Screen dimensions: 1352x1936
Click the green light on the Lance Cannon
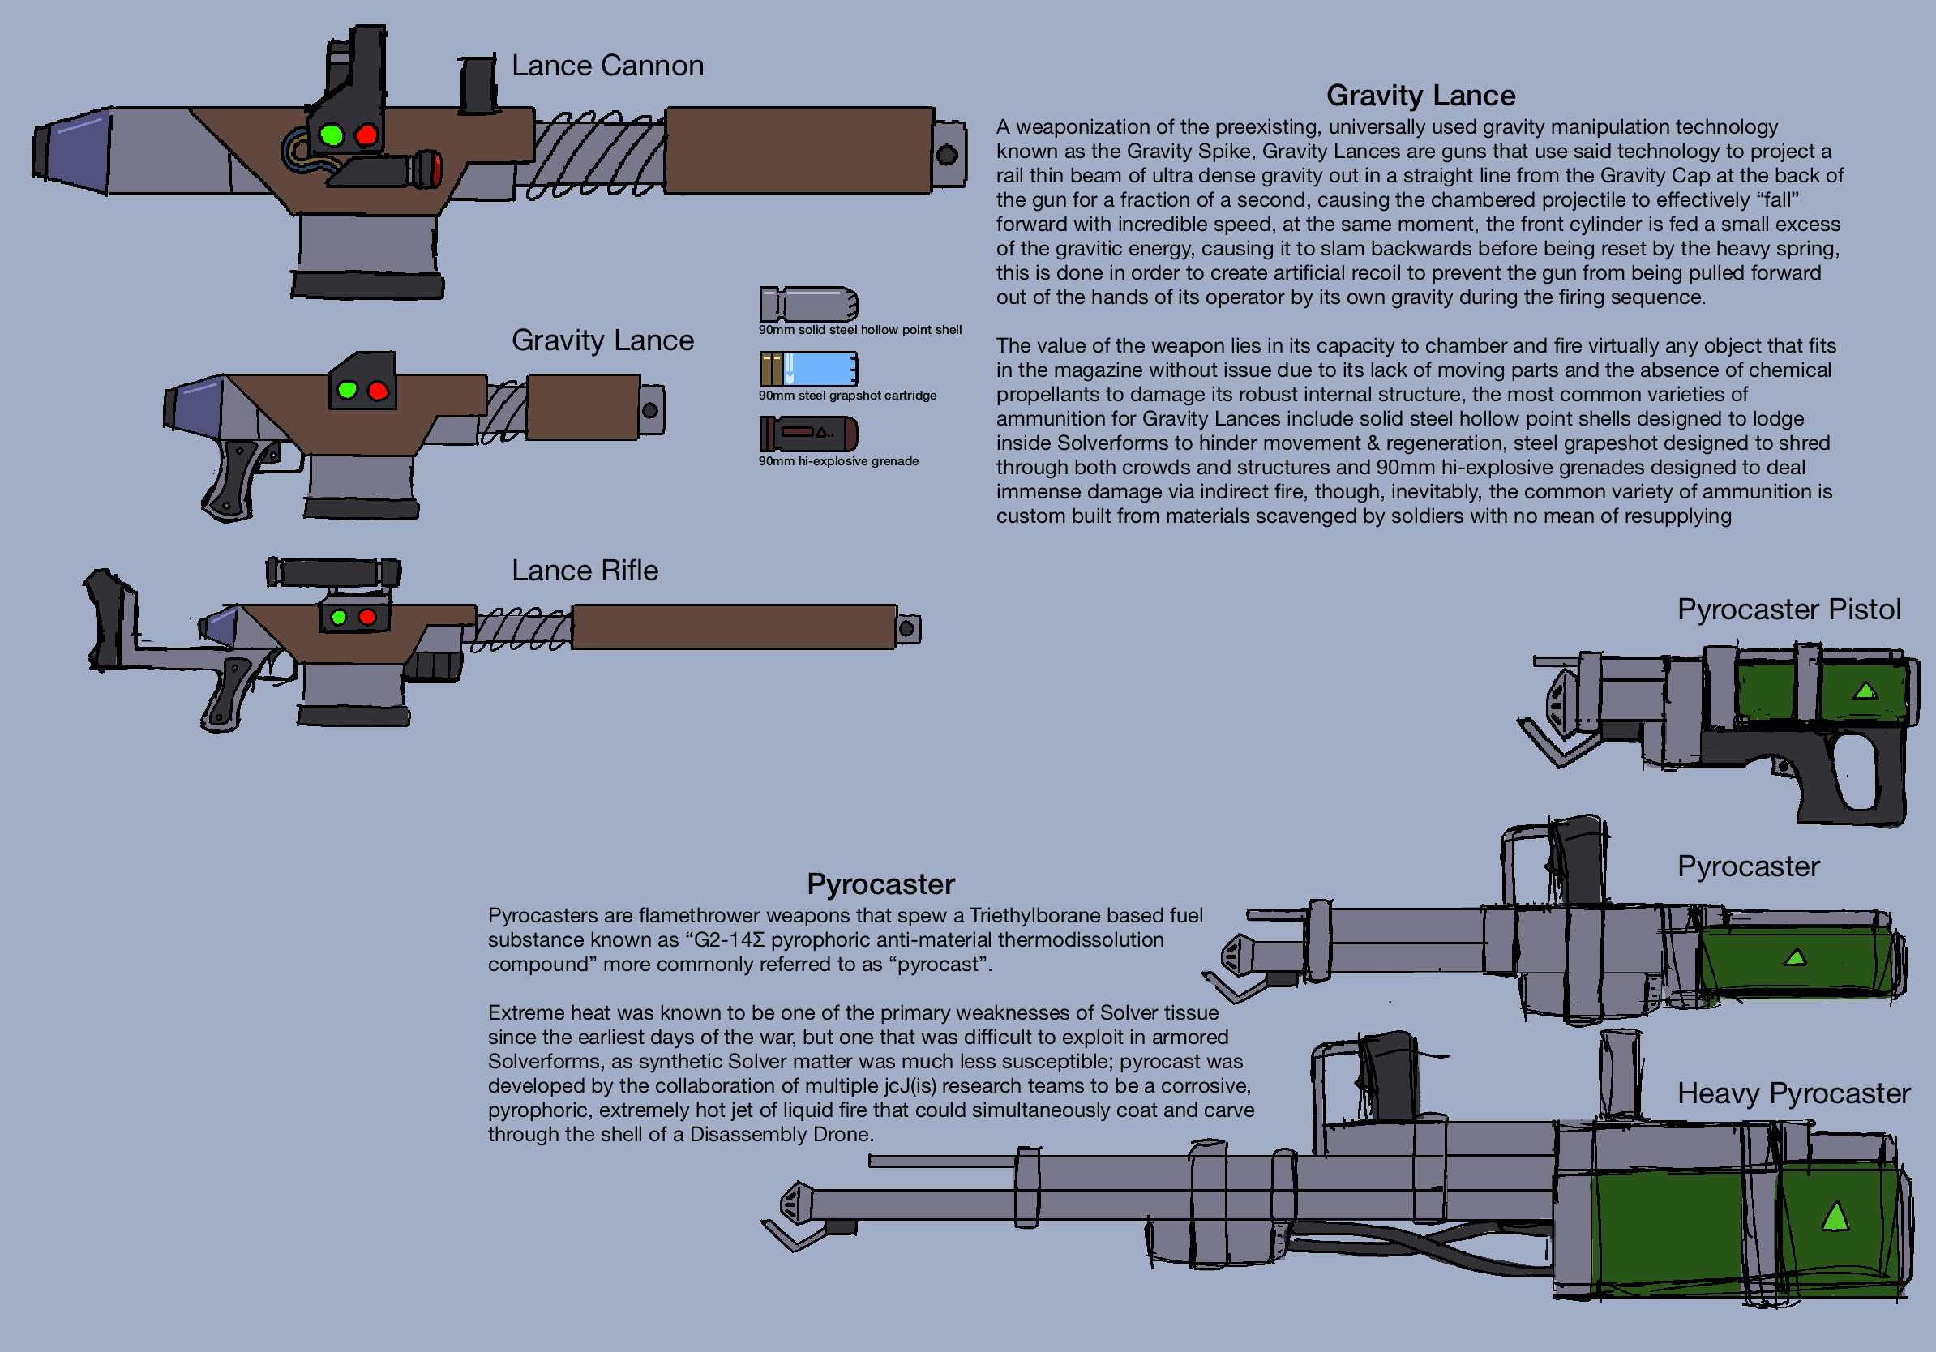(x=332, y=135)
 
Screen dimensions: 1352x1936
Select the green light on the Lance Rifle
(x=339, y=617)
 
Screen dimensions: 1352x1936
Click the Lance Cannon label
(x=607, y=66)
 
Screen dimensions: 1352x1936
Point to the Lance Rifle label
(x=585, y=571)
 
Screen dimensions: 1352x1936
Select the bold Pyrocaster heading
(x=880, y=884)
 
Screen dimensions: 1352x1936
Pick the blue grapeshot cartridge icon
(x=808, y=369)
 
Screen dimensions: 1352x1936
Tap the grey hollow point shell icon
(x=808, y=303)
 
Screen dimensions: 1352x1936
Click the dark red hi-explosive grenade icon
(x=808, y=434)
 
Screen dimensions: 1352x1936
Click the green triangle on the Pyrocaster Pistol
(x=1865, y=691)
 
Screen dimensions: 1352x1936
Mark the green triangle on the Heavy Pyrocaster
(x=1835, y=1217)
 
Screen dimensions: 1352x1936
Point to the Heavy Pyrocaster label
(x=1793, y=1093)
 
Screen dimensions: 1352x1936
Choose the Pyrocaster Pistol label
(x=1788, y=610)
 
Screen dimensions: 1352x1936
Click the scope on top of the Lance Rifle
(x=334, y=572)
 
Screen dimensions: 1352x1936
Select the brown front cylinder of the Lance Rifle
(x=733, y=627)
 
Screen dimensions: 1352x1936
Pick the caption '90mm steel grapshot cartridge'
(x=846, y=396)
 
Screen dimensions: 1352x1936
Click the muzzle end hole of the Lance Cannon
(x=947, y=154)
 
